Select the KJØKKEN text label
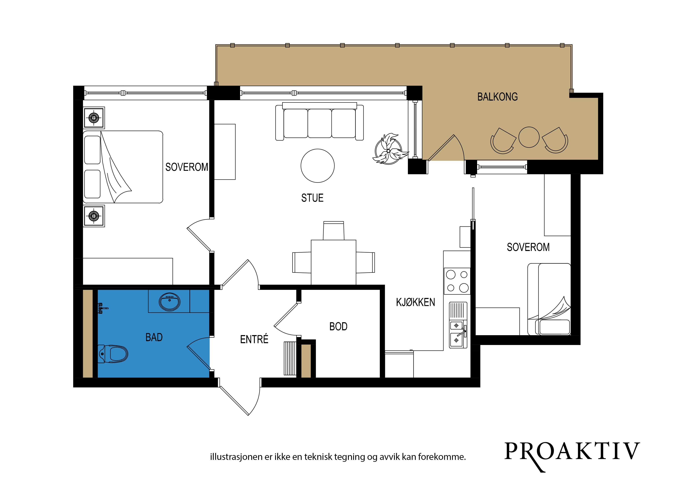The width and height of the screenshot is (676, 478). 415,302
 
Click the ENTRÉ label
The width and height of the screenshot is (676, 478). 254,339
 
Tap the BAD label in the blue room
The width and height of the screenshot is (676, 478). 154,337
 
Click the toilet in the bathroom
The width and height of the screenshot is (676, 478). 113,354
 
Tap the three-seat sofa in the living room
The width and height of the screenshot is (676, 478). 320,121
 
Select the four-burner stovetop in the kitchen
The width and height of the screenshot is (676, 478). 457,281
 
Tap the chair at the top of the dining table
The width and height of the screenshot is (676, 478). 334,231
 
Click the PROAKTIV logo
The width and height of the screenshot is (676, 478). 572,452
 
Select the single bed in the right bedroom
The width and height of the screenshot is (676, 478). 549,299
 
